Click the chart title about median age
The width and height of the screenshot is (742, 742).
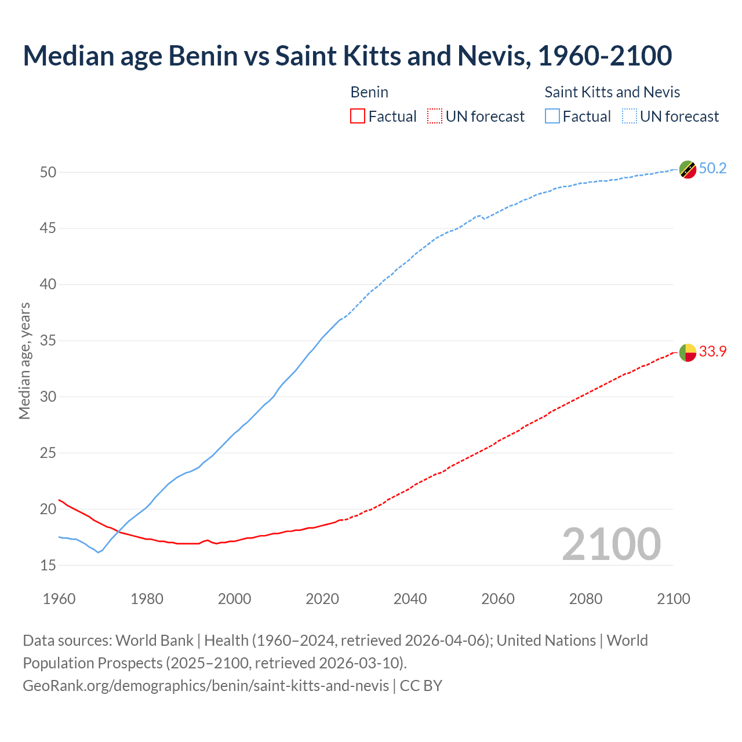(347, 56)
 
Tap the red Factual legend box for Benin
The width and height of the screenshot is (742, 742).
(358, 117)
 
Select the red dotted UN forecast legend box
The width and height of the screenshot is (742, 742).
(435, 117)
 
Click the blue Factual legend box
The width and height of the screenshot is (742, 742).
(552, 117)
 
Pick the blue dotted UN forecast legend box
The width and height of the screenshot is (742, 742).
(630, 117)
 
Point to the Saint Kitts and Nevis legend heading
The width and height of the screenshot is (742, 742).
(612, 92)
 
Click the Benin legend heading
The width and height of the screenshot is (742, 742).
(369, 92)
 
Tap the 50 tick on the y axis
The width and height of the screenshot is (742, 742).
(48, 172)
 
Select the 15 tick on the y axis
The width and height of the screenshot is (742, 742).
(48, 565)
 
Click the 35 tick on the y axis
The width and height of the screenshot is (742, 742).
(48, 341)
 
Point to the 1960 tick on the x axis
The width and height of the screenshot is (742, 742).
(59, 599)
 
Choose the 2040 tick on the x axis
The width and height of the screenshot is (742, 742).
(410, 599)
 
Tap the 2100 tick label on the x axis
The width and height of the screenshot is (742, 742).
(673, 599)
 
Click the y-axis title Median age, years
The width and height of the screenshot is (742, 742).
(24, 361)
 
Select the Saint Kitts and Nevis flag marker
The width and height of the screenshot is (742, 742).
(688, 169)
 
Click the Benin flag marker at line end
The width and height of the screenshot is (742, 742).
(688, 352)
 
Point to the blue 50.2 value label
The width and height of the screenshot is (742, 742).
(712, 169)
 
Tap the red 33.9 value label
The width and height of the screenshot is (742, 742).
(712, 352)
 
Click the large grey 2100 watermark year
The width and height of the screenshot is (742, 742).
(611, 544)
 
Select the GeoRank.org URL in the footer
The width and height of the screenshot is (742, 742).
(206, 686)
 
